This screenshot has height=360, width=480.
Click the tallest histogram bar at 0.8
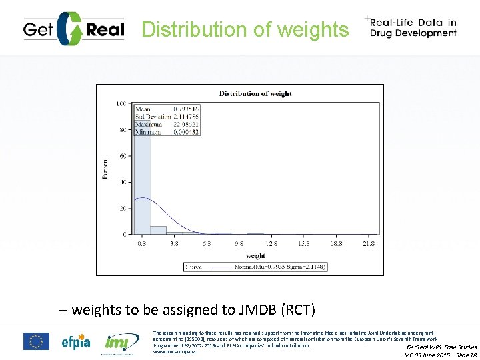tap(142, 180)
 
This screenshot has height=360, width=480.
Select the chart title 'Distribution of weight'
tap(255, 93)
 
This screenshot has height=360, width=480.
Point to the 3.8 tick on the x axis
tap(174, 244)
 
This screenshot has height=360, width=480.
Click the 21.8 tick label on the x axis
tap(367, 244)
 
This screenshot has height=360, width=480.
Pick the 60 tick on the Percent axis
tap(122, 156)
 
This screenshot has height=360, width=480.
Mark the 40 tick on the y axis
tap(122, 182)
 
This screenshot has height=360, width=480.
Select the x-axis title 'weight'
tap(255, 255)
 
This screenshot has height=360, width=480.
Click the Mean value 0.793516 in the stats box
tap(185, 108)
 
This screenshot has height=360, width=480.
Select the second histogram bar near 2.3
tap(158, 230)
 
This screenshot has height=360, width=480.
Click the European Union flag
tap(36, 341)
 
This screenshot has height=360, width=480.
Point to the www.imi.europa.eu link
tap(175, 351)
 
